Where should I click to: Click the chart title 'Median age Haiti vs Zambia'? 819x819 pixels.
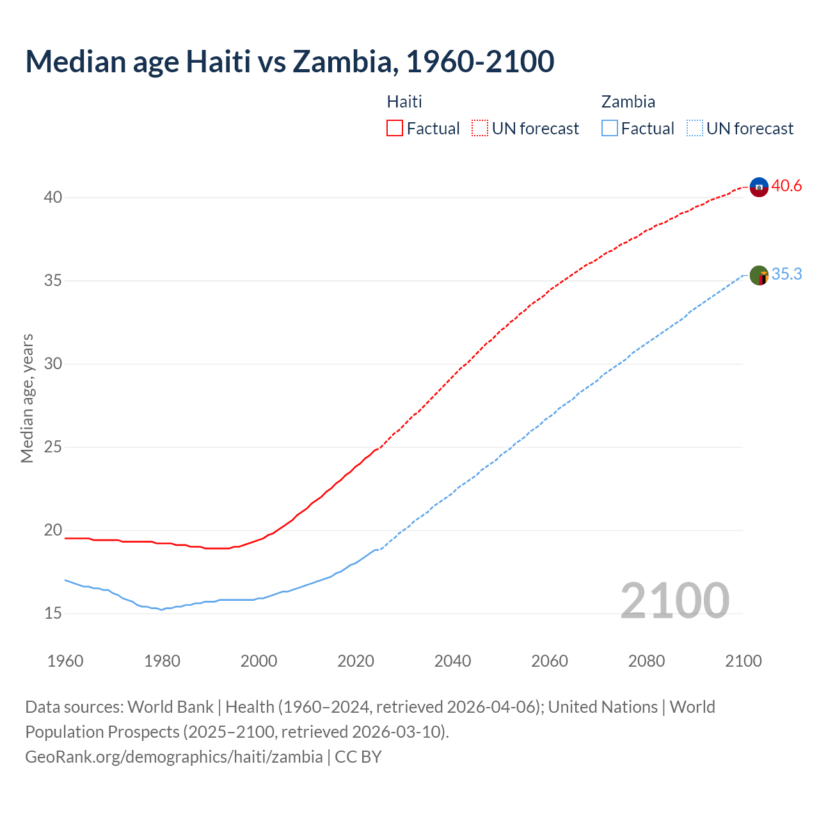click(289, 61)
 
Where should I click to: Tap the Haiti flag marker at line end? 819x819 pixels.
click(759, 187)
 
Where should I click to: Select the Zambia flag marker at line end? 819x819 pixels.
click(759, 276)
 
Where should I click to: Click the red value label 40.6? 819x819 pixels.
click(786, 186)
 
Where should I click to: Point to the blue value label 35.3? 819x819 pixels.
click(786, 274)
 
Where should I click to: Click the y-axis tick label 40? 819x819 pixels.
click(53, 198)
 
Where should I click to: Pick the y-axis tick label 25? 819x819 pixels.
click(53, 447)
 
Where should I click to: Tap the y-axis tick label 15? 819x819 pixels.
click(53, 614)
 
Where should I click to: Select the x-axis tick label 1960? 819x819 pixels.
click(65, 661)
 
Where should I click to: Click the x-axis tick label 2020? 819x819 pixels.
click(356, 661)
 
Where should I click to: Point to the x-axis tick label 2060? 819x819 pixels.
click(550, 661)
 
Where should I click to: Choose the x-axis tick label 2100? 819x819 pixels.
click(743, 661)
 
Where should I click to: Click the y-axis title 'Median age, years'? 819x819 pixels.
click(27, 398)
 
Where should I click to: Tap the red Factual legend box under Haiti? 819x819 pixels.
click(395, 129)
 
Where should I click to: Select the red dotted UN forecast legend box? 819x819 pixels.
click(480, 129)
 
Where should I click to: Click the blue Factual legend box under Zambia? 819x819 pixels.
click(610, 129)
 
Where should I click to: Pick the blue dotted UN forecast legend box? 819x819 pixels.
click(694, 129)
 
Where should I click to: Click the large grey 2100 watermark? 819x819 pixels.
click(675, 601)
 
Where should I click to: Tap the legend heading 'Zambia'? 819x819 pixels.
click(628, 102)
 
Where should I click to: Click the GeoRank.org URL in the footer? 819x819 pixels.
click(174, 757)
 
